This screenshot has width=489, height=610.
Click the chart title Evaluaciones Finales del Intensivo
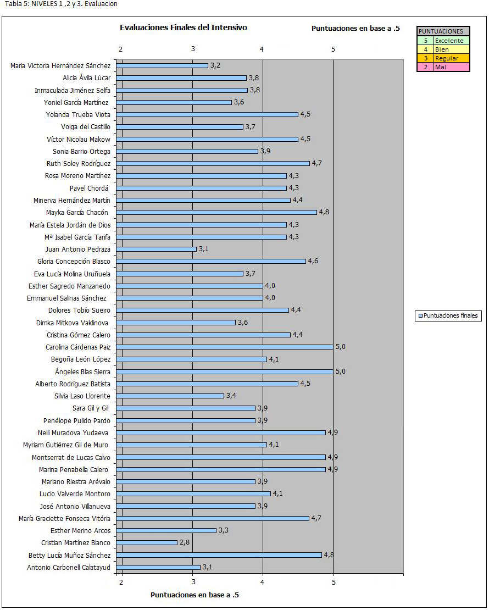(183, 27)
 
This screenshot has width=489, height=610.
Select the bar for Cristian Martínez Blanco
(147, 542)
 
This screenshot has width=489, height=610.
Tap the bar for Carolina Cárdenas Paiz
(225, 347)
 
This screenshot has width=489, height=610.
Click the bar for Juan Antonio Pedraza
(157, 249)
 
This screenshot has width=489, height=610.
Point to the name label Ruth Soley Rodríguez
(79, 163)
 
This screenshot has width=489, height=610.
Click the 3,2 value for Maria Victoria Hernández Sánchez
(215, 65)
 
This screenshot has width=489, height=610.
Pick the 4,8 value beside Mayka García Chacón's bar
(324, 212)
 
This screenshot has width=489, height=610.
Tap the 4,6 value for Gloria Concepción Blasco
(313, 261)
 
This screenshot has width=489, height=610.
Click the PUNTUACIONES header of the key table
(441, 32)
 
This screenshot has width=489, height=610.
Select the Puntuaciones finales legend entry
(448, 315)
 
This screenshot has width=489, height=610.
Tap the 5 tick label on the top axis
(333, 49)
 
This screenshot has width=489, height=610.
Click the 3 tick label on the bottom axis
(193, 581)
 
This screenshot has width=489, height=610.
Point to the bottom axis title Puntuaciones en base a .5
(195, 595)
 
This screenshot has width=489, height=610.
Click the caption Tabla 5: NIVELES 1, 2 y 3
(61, 4)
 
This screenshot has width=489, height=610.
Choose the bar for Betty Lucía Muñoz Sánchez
(220, 555)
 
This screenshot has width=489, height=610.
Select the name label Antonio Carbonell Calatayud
(69, 567)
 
